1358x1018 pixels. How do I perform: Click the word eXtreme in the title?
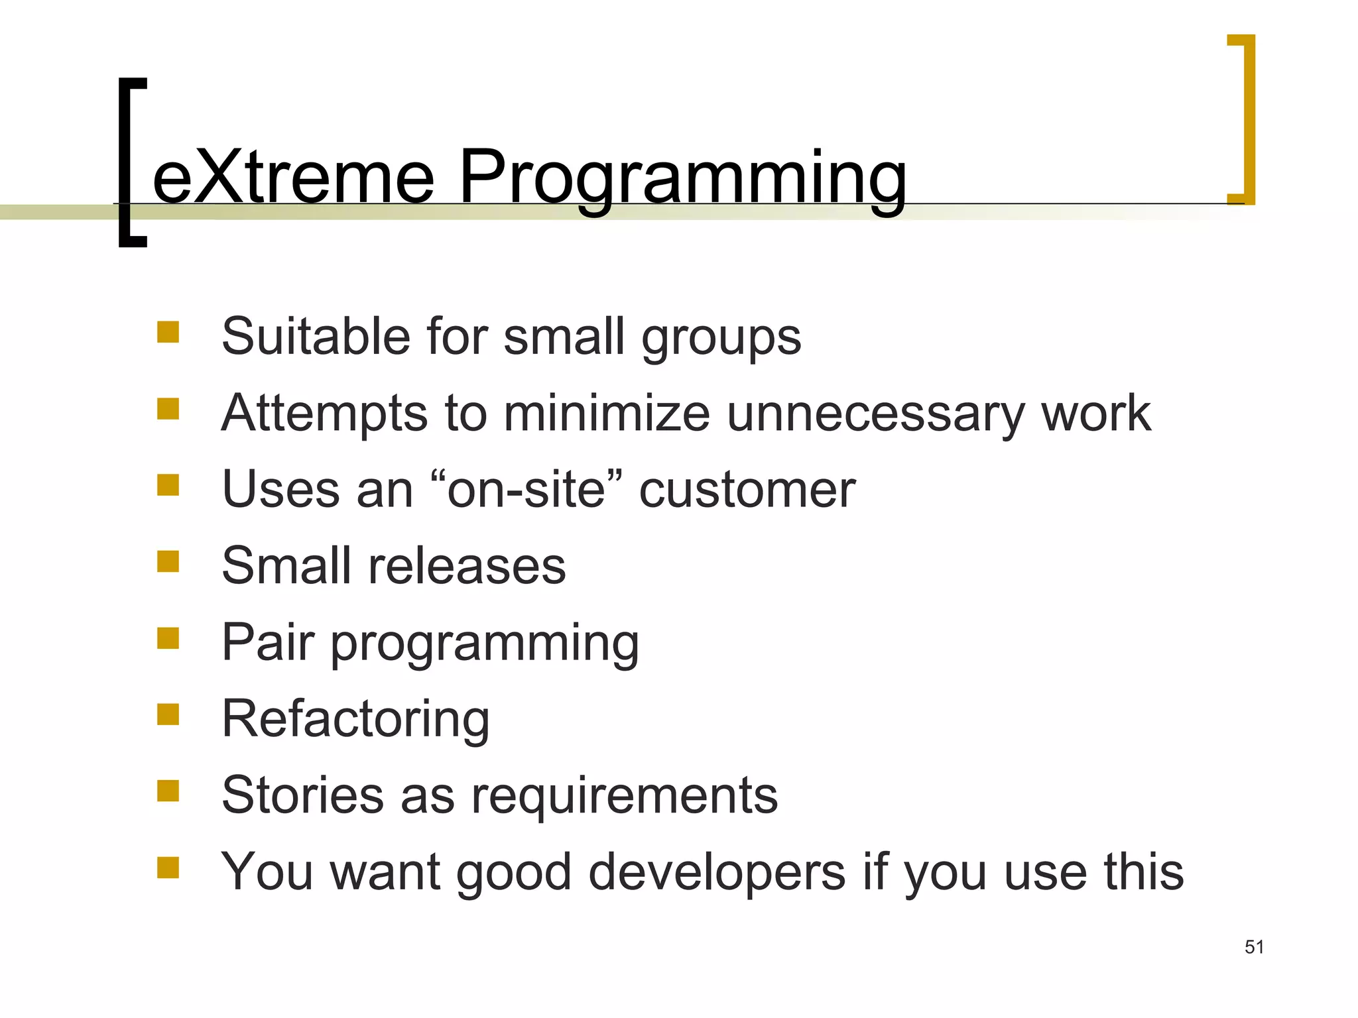[293, 178]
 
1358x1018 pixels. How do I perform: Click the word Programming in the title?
[682, 178]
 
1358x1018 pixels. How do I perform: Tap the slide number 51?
[1254, 947]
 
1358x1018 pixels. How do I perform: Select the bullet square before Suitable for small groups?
[168, 332]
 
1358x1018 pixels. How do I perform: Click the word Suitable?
[314, 337]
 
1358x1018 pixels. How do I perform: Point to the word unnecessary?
[875, 414]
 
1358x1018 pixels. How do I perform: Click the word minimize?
[607, 414]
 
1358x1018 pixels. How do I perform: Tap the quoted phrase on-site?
[526, 490]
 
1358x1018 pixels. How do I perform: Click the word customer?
[747, 490]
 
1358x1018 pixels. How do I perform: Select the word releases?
[467, 567]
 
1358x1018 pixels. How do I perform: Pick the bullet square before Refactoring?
[168, 714]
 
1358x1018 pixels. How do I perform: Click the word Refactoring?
[355, 719]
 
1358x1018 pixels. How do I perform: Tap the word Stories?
[302, 795]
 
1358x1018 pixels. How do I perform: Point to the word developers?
[717, 873]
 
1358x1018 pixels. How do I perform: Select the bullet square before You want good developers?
[168, 868]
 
